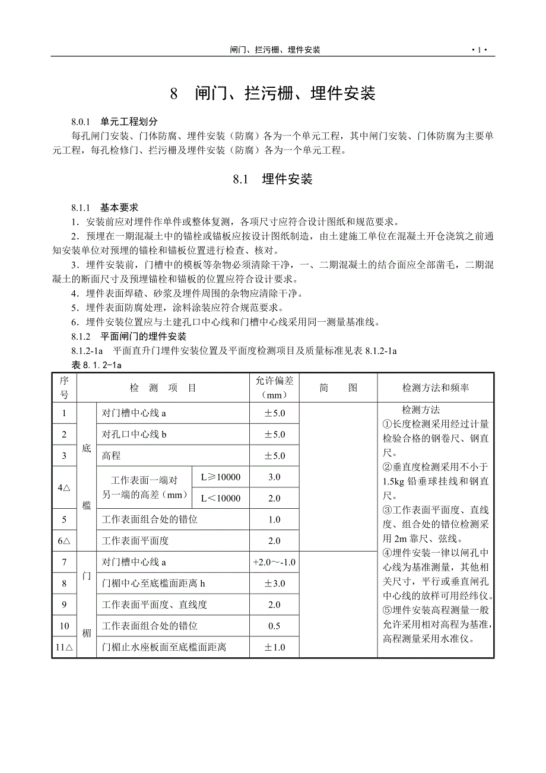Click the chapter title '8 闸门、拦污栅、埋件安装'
pyautogui.click(x=273, y=93)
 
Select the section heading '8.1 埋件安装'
pyautogui.click(x=272, y=179)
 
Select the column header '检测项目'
pyautogui.click(x=163, y=388)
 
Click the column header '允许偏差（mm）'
pyautogui.click(x=274, y=388)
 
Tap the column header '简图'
pyautogui.click(x=338, y=388)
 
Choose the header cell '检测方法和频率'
pyautogui.click(x=436, y=388)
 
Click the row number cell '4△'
pyautogui.click(x=64, y=487)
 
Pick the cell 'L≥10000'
pyautogui.click(x=220, y=477)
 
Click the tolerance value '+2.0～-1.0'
pyautogui.click(x=274, y=562)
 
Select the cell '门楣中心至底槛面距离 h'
pyautogui.click(x=154, y=584)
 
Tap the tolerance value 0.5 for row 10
pyautogui.click(x=274, y=626)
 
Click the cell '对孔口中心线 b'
pyautogui.click(x=135, y=435)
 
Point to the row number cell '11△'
pyautogui.click(x=64, y=647)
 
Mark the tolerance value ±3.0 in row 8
pyautogui.click(x=274, y=584)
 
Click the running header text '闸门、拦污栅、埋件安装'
pyautogui.click(x=275, y=50)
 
